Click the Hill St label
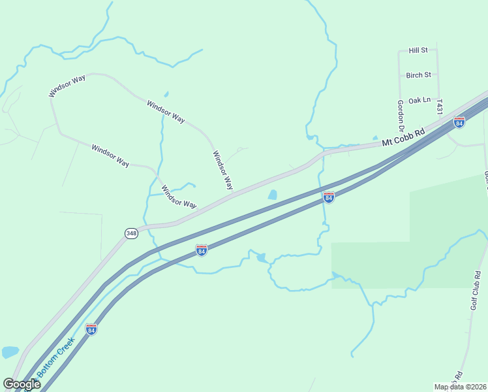coord(418,50)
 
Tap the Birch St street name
coord(418,75)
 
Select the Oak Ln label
coord(419,101)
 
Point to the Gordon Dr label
coord(401,114)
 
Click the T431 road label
coord(440,108)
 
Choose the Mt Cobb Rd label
coord(403,137)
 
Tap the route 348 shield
coord(131,233)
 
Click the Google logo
coord(22,384)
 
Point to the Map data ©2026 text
coord(461,387)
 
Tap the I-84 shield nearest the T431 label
coord(459,122)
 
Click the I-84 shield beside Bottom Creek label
coord(91,329)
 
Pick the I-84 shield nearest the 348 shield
coord(202,250)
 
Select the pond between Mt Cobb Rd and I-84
coord(272,195)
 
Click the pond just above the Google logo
coord(10,352)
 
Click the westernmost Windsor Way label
coord(67,87)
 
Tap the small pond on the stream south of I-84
coord(261,258)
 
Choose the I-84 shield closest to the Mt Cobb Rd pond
coord(329,197)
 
